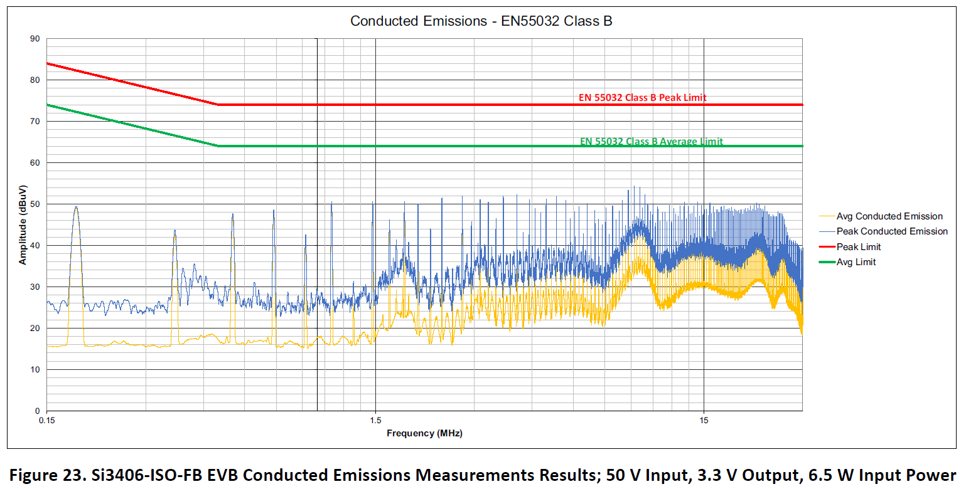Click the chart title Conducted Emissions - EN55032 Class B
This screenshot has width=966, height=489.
pyautogui.click(x=481, y=21)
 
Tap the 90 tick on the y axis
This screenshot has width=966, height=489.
pyautogui.click(x=35, y=39)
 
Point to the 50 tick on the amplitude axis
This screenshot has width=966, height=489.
pyautogui.click(x=35, y=204)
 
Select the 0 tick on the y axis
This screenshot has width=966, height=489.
pyautogui.click(x=37, y=411)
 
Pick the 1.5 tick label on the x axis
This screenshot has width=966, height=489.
pyautogui.click(x=375, y=420)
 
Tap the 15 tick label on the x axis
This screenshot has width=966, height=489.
pyautogui.click(x=704, y=420)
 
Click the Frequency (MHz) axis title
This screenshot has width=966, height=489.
pyautogui.click(x=424, y=433)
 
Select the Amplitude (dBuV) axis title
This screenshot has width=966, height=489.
pyautogui.click(x=23, y=224)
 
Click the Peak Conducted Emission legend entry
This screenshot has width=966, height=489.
pyautogui.click(x=892, y=231)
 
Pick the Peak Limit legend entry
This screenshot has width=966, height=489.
pyautogui.click(x=859, y=247)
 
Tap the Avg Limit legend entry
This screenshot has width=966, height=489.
pyautogui.click(x=856, y=262)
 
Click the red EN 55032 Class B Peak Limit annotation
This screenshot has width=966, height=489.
pyautogui.click(x=642, y=98)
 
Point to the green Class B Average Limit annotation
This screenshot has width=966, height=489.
pyautogui.click(x=651, y=142)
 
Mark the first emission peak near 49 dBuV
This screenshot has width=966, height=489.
pyautogui.click(x=76, y=208)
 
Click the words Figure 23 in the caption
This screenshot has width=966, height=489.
pyautogui.click(x=40, y=474)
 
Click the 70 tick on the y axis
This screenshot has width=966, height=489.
pyautogui.click(x=35, y=122)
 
